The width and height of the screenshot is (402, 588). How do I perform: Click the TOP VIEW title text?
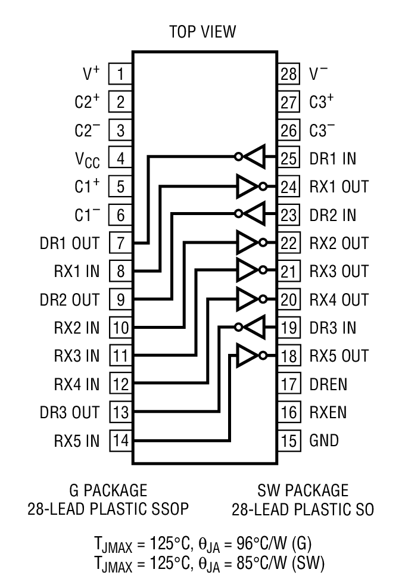202,31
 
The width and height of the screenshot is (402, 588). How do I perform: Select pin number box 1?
121,74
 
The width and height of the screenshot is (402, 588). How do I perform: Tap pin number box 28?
288,74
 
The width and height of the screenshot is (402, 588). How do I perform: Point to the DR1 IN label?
333,158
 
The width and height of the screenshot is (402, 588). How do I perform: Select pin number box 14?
121,441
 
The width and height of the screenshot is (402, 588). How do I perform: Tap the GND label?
324,440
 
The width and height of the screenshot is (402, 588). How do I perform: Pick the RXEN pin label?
328,412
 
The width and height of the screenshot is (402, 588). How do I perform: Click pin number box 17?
288,384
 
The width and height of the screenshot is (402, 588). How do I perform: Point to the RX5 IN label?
77,441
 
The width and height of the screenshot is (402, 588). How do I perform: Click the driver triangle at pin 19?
254,327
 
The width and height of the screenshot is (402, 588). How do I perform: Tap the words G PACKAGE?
107,491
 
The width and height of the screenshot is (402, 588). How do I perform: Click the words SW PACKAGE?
303,491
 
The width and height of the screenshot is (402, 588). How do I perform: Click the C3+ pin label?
322,102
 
